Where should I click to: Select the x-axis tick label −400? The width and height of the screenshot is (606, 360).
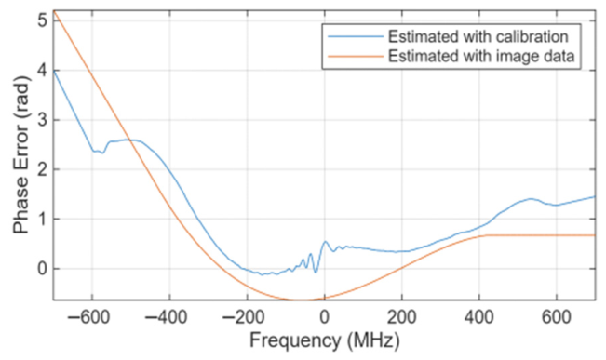coord(166,317)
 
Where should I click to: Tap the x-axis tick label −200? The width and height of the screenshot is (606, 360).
coord(243,317)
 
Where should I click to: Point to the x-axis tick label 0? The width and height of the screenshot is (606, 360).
coord(324,317)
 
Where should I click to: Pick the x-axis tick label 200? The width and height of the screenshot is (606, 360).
coord(402,317)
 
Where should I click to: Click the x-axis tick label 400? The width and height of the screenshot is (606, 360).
coord(479,317)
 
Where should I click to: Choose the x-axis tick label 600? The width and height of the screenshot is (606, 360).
coord(557,317)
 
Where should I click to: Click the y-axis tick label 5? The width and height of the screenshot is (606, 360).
coord(42,20)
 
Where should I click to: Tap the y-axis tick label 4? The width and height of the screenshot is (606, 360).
coord(42,71)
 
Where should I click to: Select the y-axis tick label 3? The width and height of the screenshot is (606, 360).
coord(42,120)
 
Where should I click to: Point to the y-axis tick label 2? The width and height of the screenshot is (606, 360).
coord(42,169)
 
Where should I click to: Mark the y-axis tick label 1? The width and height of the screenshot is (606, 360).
coord(42,219)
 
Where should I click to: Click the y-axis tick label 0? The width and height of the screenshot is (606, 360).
coord(42,269)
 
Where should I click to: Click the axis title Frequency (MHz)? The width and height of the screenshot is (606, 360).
coord(324,341)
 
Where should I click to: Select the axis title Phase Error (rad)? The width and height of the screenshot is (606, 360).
coord(20,154)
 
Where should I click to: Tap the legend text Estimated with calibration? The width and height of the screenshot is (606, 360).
coord(478,36)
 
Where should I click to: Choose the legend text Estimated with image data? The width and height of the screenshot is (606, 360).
coord(481,57)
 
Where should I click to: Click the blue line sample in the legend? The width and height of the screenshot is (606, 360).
coord(356,36)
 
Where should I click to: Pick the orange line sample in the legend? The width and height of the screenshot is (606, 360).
coord(356,57)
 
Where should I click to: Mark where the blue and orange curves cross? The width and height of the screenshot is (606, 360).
coord(131,141)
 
